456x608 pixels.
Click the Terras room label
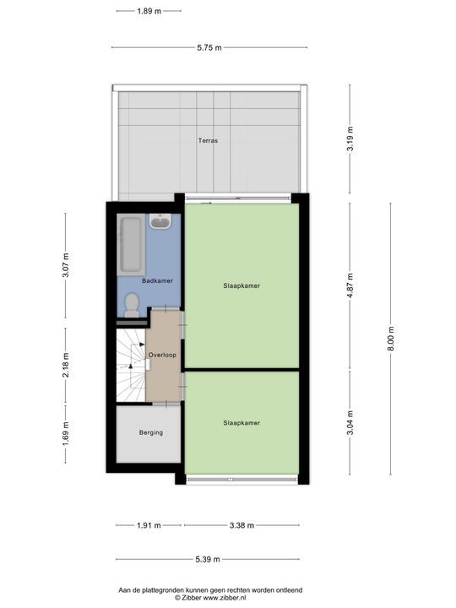(208, 141)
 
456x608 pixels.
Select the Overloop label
(162, 356)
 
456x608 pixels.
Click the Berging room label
(150, 433)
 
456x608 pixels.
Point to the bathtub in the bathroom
(130, 245)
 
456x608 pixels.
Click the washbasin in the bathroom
(160, 222)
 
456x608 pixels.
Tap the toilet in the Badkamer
(131, 307)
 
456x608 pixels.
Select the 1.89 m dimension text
(149, 11)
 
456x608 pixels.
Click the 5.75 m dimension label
(209, 48)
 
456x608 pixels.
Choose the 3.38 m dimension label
(242, 525)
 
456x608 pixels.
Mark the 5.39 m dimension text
(208, 559)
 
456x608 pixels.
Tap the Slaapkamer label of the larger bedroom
(242, 286)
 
